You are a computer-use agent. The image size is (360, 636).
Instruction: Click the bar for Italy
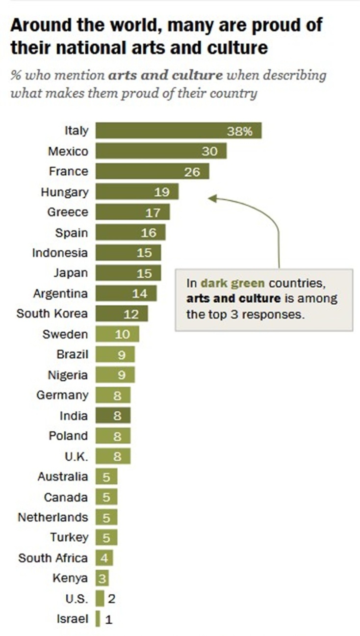point(179,131)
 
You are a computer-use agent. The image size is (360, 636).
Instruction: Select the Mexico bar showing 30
point(161,151)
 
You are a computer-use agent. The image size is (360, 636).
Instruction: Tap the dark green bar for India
point(113,416)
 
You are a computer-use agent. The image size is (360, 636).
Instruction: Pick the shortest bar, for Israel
point(98,619)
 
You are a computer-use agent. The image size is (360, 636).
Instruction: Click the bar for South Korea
point(122,314)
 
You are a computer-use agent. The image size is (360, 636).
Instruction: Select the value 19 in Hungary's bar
point(162,192)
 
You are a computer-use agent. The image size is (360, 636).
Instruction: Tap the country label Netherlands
point(53,517)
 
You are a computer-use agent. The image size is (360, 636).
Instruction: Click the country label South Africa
point(53,558)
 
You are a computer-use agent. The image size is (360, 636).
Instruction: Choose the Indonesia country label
point(60,253)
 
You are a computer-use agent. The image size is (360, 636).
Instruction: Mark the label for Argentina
point(61,293)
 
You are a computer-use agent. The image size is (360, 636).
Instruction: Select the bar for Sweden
point(117,334)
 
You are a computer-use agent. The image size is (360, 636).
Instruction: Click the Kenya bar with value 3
point(102,578)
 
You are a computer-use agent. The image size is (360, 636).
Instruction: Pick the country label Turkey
point(69,537)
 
